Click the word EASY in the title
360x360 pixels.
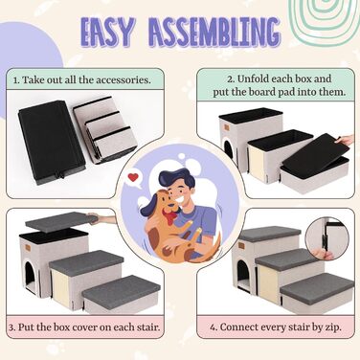pos(106,33)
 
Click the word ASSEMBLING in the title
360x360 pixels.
pos(214,33)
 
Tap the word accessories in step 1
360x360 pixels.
pos(124,79)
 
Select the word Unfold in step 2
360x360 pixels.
pos(253,79)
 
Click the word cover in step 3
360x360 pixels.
pos(85,327)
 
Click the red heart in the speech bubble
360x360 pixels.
pos(133,177)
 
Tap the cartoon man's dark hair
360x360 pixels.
pos(176,181)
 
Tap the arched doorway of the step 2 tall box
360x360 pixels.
pos(229,149)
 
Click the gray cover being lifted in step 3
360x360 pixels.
pos(61,221)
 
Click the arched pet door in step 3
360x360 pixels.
pos(31,277)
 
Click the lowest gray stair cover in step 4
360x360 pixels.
pos(317,285)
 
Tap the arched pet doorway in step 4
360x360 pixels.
pos(244,273)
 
